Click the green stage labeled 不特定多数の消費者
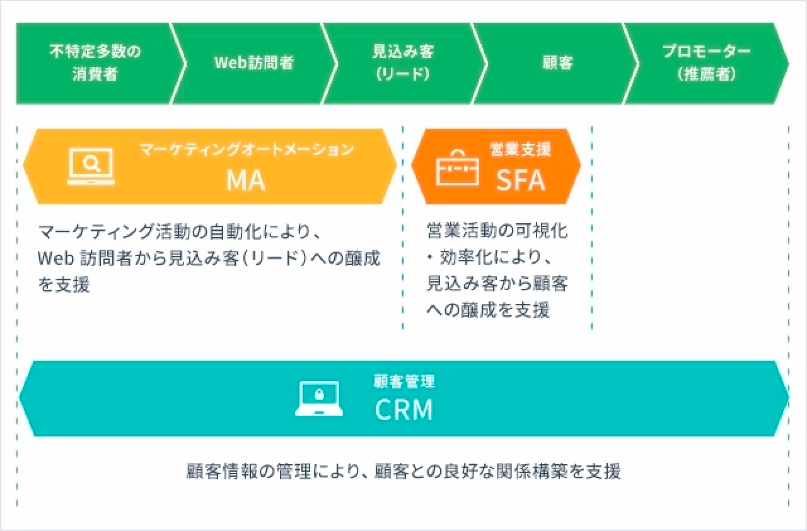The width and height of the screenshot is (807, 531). (x=95, y=63)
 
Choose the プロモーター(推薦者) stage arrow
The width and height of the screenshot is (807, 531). (x=706, y=63)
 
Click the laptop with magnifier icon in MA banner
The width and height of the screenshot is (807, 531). (x=91, y=166)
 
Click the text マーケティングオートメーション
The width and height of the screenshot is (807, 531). (x=247, y=150)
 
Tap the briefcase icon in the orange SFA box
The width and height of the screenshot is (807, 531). (x=458, y=166)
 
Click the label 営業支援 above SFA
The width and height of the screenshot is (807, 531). (x=520, y=149)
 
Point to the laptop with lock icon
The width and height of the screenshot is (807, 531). (x=319, y=399)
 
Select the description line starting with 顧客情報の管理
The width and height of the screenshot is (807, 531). (x=403, y=472)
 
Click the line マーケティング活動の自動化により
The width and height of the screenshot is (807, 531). (x=180, y=231)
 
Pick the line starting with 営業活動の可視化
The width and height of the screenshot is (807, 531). (x=497, y=230)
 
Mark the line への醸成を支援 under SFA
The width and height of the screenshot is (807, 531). (x=488, y=310)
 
